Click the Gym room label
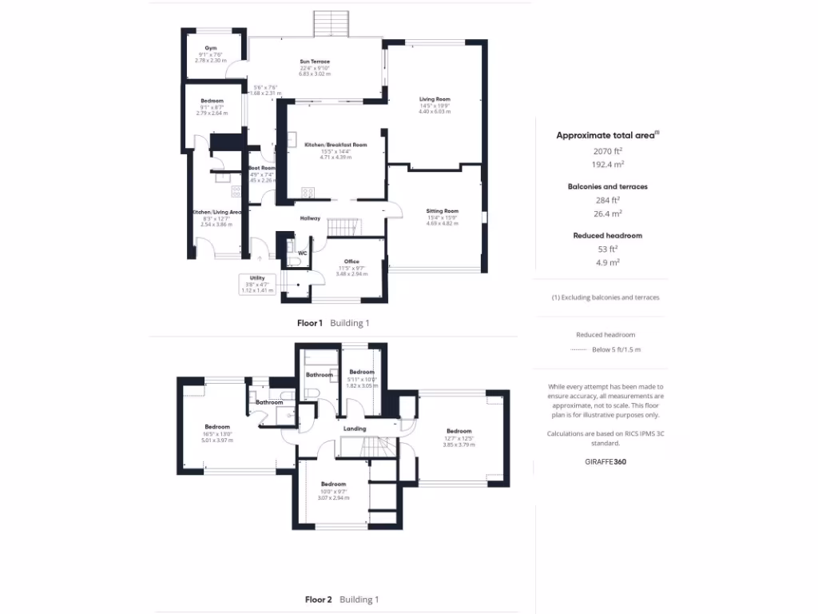click(211, 49)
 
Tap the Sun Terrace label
click(315, 62)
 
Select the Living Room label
click(435, 99)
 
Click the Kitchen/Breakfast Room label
click(336, 145)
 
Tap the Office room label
click(351, 261)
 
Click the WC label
click(302, 253)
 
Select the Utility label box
click(256, 284)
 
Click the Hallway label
click(310, 218)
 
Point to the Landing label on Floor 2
click(355, 429)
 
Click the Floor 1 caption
click(310, 323)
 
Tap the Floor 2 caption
click(318, 599)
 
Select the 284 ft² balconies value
click(606, 200)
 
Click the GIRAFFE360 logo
click(605, 461)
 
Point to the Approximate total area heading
click(606, 136)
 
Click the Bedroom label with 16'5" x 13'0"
click(217, 426)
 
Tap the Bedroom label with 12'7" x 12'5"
click(459, 431)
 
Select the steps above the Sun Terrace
click(331, 22)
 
